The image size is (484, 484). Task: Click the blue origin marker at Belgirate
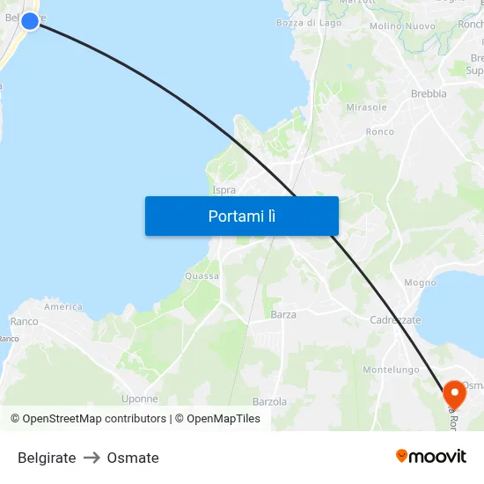[30, 20]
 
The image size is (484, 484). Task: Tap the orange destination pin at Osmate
[454, 393]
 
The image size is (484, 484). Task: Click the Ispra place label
[224, 189]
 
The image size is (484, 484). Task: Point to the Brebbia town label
[429, 93]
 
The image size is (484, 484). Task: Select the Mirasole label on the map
[366, 107]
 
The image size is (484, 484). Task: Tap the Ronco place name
[380, 132]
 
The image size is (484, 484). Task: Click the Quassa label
[202, 275]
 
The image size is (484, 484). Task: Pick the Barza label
[283, 314]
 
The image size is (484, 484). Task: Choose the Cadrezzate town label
[395, 320]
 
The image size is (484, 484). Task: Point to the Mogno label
[420, 282]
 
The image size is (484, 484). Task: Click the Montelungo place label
[391, 370]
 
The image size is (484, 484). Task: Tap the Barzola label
[269, 401]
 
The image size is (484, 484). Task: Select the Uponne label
[140, 399]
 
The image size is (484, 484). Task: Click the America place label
[63, 307]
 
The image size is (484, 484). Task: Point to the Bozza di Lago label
[308, 23]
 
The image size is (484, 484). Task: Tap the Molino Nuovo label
[402, 26]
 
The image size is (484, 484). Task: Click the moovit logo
[431, 457]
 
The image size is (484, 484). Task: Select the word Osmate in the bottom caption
[133, 458]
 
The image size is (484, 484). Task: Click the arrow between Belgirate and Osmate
[92, 458]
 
